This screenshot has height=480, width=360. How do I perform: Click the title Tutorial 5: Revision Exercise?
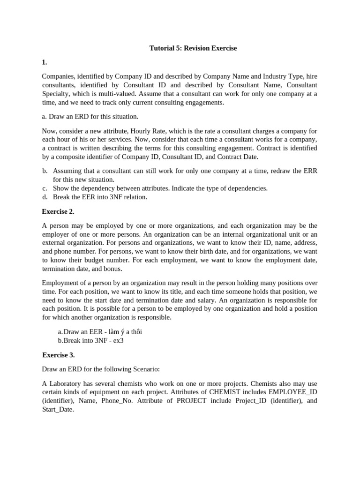193,48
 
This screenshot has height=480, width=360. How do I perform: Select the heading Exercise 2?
58,211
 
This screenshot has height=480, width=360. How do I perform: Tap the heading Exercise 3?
58,355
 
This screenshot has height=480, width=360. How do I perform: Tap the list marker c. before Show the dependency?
45,188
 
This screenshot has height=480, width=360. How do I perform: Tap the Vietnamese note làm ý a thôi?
124,332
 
